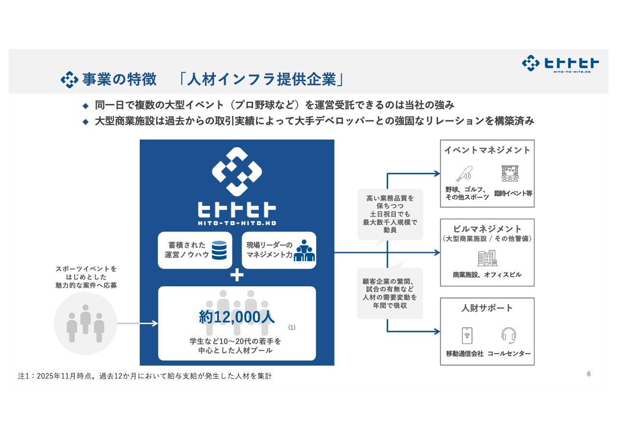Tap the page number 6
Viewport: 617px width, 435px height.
[x=589, y=374]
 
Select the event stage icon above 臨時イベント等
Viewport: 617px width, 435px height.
[x=510, y=173]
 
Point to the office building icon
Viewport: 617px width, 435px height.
[x=487, y=258]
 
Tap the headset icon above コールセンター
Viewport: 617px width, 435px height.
[x=509, y=335]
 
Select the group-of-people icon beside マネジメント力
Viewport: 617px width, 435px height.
[x=304, y=251]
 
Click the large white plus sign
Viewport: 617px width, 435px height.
[x=237, y=275]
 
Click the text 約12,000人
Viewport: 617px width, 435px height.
[x=237, y=317]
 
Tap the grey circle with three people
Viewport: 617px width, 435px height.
[x=86, y=323]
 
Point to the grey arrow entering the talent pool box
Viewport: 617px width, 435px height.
[x=137, y=323]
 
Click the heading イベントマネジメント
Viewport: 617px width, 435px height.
[x=487, y=150]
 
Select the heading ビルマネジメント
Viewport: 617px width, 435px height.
[x=487, y=229]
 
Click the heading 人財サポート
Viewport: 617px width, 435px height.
[x=487, y=308]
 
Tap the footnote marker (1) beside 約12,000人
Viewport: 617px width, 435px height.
[x=292, y=327]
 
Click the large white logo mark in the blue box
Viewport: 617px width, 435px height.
[x=237, y=172]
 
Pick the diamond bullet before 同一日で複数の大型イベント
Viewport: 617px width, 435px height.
[x=86, y=105]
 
